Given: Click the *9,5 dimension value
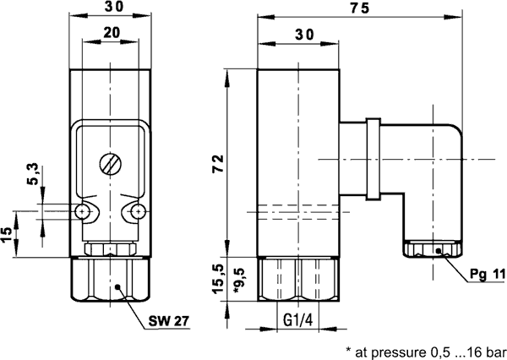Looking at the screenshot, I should tap(238, 278).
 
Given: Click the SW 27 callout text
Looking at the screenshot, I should tap(168, 322).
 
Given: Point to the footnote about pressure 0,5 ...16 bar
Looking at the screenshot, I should tap(426, 349).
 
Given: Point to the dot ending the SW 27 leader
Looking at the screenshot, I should tap(121, 286).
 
